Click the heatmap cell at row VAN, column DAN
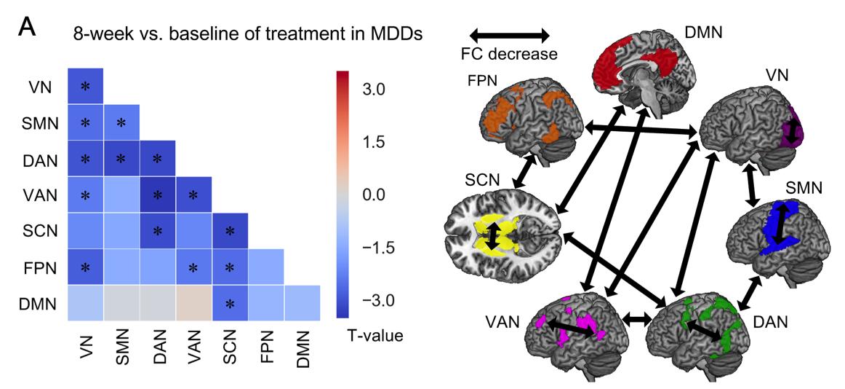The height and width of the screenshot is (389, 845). click(x=158, y=195)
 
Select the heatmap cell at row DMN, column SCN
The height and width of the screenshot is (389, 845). click(x=230, y=303)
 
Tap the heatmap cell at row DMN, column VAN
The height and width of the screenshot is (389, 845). click(x=193, y=303)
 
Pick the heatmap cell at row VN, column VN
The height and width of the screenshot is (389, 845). click(x=86, y=86)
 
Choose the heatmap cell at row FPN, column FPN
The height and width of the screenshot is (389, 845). click(x=266, y=267)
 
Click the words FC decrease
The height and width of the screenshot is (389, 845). click(x=509, y=53)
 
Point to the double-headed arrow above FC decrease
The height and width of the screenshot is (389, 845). click(x=510, y=34)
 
